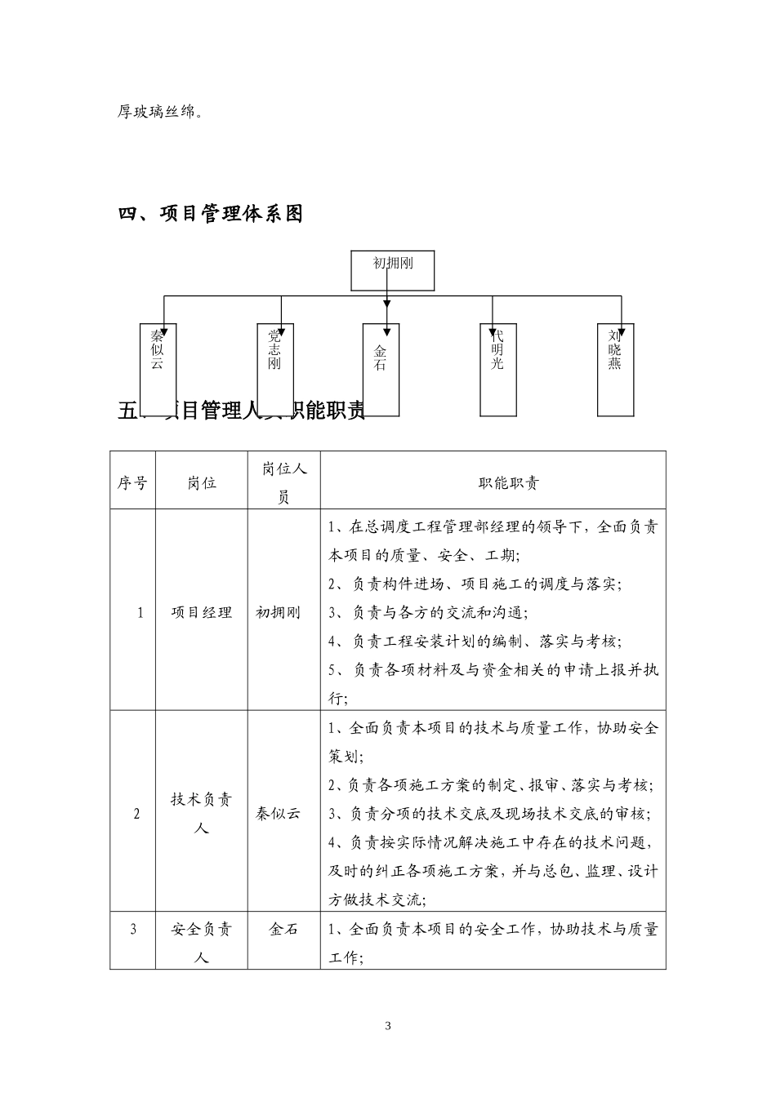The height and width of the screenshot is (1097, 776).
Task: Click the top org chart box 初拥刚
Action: [392, 270]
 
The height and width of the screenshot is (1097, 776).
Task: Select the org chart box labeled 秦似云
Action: [157, 369]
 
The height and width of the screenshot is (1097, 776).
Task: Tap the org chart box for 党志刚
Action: [274, 369]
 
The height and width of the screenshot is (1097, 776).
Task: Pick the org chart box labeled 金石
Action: [381, 369]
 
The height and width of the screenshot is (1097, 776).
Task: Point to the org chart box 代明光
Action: [497, 369]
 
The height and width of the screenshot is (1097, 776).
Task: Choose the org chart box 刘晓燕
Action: [615, 369]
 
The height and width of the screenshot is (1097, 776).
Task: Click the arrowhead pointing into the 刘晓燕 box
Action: [622, 326]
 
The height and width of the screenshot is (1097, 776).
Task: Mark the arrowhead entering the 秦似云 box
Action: [163, 326]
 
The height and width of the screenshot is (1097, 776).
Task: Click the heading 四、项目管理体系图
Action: [211, 214]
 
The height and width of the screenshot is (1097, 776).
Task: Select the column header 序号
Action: [132, 482]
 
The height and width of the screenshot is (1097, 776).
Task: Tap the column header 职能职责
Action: [493, 482]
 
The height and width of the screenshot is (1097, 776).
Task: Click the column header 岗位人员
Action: [283, 482]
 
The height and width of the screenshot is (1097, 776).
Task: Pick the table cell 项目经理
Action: [201, 612]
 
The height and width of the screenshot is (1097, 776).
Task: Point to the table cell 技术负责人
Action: [201, 813]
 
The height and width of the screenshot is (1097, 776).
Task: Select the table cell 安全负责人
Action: [201, 943]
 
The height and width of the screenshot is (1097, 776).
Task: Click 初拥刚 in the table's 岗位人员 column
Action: [278, 612]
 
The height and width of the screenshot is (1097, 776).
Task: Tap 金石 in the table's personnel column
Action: [283, 929]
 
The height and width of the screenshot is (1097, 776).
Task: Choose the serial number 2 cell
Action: [136, 813]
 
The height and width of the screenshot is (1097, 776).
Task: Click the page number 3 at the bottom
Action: [388, 1026]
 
